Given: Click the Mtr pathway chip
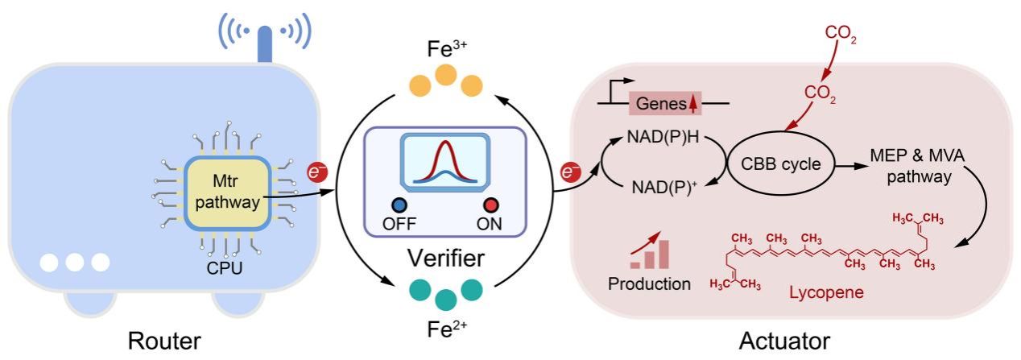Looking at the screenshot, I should tap(227, 193).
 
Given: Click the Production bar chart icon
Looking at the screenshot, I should tap(651, 251).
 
